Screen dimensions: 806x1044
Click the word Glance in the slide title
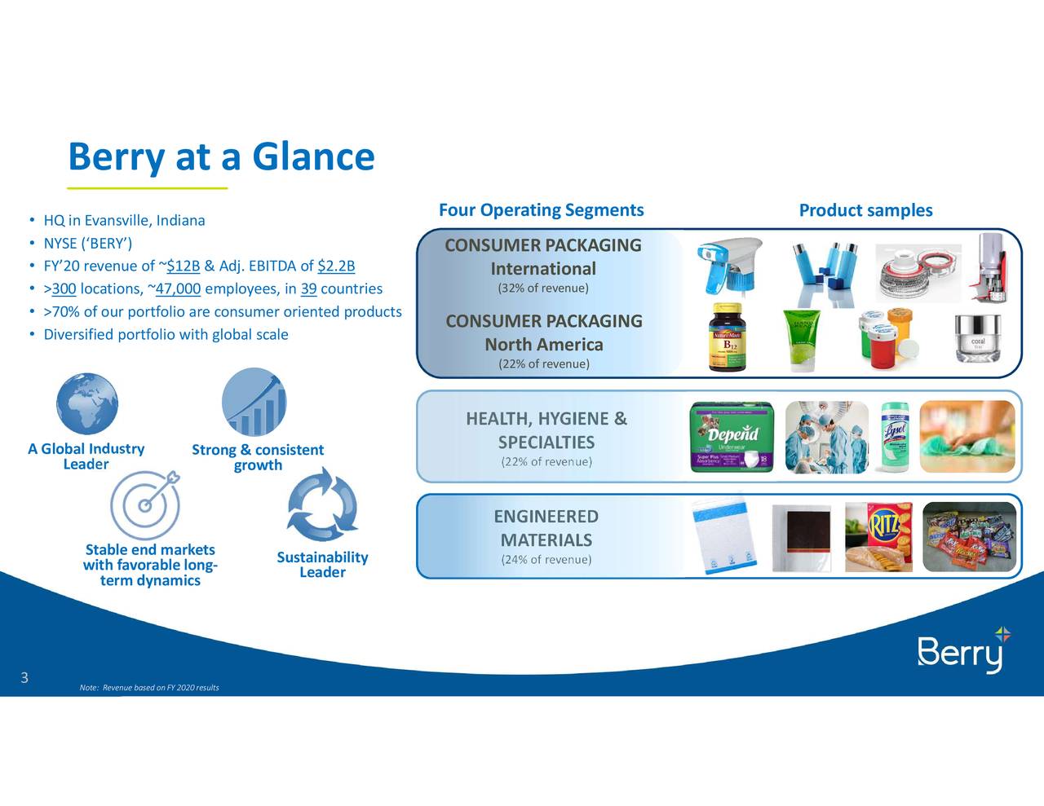coord(313,156)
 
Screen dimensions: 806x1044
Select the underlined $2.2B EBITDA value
coord(336,266)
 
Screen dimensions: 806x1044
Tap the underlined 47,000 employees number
coord(178,288)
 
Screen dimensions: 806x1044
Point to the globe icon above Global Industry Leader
coord(87,403)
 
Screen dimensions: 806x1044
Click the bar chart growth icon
coord(254,403)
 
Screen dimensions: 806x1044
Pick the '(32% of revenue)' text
coord(543,288)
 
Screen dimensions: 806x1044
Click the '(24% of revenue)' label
coord(546,559)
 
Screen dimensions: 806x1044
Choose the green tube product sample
coord(802,340)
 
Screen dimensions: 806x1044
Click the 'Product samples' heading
coord(865,210)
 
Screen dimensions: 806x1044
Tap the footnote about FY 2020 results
coord(149,688)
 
